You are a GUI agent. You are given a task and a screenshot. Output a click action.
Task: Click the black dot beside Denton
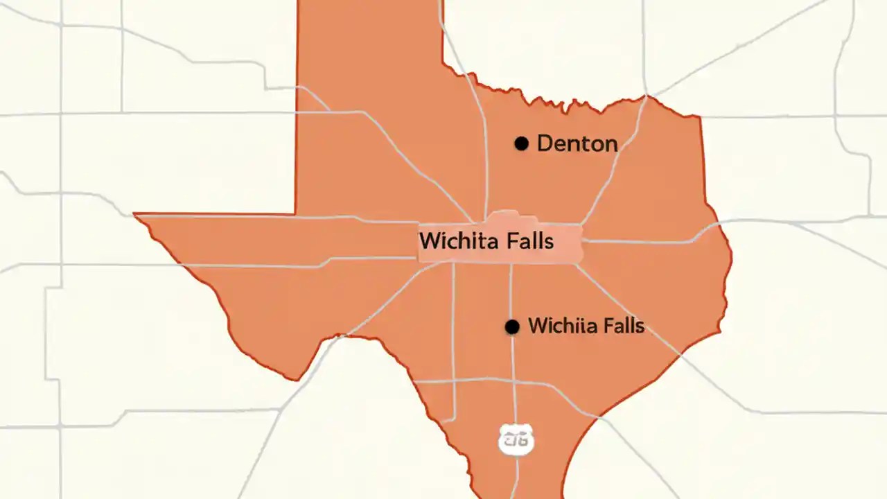[522, 143]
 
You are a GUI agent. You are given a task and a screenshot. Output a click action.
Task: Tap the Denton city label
[577, 143]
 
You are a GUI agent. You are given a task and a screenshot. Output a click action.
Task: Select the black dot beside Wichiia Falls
[512, 327]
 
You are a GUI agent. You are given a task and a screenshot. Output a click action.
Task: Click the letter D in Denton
[545, 143]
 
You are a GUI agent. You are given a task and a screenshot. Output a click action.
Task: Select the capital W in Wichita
[430, 241]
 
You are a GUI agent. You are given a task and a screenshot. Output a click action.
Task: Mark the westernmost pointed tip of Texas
[134, 215]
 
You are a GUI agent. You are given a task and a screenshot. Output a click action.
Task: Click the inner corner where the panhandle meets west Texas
[296, 213]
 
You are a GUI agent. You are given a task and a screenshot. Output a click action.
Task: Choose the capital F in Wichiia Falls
[606, 326]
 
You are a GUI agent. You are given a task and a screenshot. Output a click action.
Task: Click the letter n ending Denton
[610, 143]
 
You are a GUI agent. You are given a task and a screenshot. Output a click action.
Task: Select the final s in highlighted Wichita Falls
[549, 241]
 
